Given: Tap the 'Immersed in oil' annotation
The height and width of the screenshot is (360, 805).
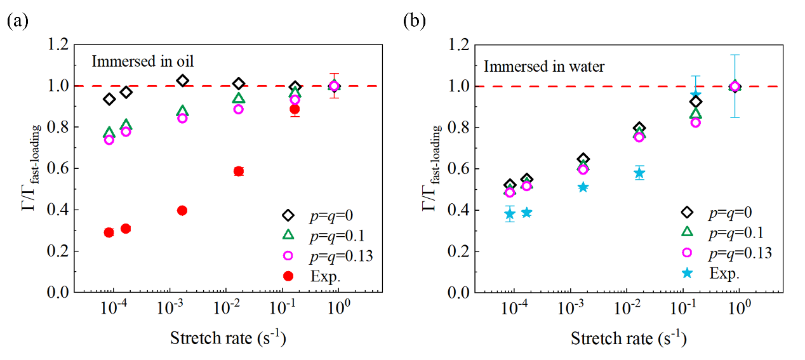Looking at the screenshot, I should [142, 62].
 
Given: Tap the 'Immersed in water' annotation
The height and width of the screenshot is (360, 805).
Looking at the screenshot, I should [543, 66].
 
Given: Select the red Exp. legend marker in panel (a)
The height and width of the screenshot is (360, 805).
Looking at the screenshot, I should [288, 276].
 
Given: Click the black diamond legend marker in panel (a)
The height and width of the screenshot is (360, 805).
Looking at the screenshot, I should [288, 215].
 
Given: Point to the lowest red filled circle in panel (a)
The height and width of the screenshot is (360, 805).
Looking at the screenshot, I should [109, 232].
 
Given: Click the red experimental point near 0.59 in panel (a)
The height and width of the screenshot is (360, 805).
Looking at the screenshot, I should [239, 171].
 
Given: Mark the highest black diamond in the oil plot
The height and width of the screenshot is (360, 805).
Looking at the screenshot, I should [183, 81].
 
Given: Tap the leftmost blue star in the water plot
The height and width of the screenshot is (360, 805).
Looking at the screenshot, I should [509, 214].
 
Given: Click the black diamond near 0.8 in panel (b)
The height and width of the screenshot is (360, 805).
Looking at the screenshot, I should [639, 129].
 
